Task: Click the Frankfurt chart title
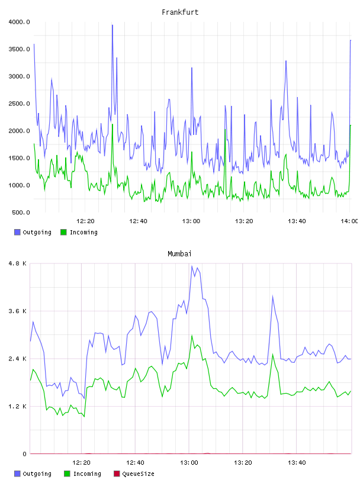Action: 180,12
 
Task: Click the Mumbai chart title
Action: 179,254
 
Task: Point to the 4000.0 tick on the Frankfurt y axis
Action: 19,22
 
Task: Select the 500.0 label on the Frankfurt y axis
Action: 21,212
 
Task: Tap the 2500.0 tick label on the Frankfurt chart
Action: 19,104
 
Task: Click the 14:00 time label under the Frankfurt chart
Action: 349,221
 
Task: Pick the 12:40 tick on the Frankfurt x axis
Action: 138,221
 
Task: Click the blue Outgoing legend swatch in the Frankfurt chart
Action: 17,232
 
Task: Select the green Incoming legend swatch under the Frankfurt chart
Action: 63,232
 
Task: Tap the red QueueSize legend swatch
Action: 117,474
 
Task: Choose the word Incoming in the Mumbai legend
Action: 87,474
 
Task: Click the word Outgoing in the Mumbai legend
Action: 37,474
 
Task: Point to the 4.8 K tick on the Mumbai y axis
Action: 18,263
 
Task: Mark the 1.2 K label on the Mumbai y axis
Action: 18,407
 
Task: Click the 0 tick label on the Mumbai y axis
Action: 25,454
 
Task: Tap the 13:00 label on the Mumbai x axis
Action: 189,463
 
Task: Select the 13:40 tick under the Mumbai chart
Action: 297,463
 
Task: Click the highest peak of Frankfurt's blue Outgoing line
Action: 112,25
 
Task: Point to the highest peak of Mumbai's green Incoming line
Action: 192,336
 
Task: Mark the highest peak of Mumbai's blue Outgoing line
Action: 192,266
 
